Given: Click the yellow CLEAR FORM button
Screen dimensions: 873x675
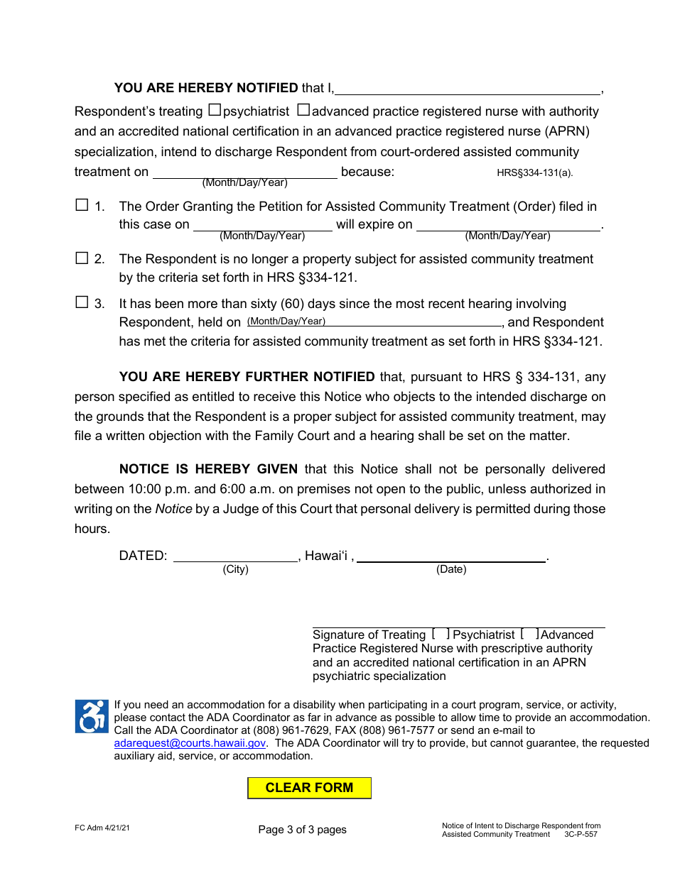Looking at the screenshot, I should [309, 788].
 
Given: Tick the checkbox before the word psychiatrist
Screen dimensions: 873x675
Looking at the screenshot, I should [215, 110].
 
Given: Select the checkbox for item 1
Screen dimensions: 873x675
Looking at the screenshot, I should [82, 205].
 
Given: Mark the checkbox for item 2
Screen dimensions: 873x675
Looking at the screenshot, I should [82, 258].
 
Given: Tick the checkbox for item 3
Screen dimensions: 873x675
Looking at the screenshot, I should [82, 302].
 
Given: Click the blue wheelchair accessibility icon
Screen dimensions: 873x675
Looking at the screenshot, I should [92, 716].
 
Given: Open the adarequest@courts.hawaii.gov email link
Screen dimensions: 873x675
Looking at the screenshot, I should [190, 743].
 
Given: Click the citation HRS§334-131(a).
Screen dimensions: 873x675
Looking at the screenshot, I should [534, 172].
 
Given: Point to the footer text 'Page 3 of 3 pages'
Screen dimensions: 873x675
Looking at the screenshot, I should [303, 830].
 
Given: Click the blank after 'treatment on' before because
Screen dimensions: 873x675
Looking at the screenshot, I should [245, 172].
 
